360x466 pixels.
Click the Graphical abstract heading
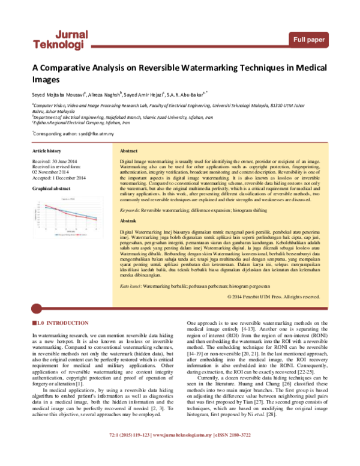click(x=50, y=189)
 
